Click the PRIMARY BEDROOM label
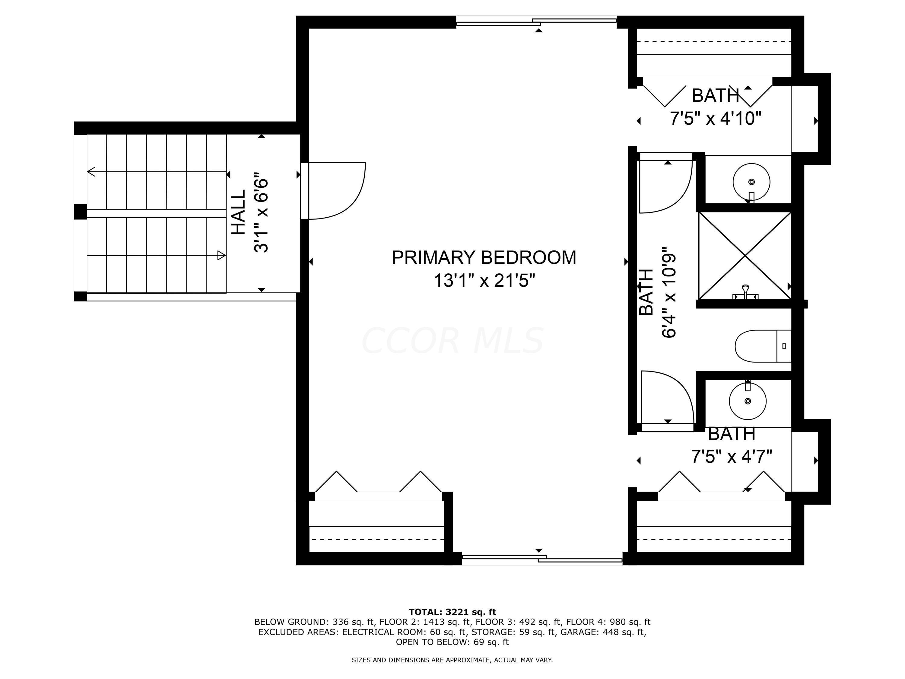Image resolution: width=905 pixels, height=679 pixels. (x=484, y=257)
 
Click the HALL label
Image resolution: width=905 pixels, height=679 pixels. (x=239, y=212)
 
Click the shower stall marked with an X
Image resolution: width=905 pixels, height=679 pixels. (x=745, y=256)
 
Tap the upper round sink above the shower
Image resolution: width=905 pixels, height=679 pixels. (x=751, y=182)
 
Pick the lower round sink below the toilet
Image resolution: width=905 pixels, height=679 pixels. (x=748, y=401)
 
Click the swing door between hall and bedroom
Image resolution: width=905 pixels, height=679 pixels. (x=333, y=191)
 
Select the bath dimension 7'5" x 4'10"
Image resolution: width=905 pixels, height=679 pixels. (x=715, y=119)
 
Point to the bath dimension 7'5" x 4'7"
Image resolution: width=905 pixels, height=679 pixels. (x=732, y=456)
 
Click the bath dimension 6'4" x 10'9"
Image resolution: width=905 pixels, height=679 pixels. (x=669, y=292)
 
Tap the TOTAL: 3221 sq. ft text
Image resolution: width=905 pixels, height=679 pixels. (x=452, y=612)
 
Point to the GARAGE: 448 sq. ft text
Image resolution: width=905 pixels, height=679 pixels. (x=602, y=632)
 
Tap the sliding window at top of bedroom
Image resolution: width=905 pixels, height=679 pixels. (x=536, y=21)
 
